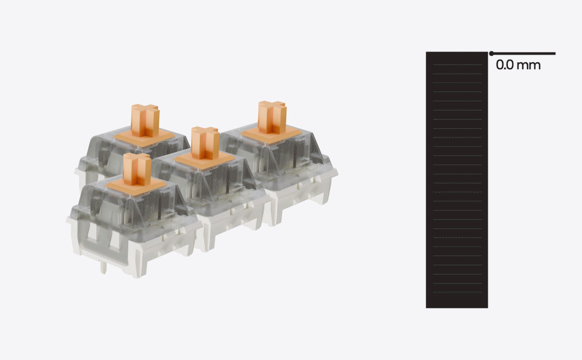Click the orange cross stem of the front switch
(137, 169)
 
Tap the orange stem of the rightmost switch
(272, 117)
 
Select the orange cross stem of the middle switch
(205, 143)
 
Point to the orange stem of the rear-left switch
(145, 120)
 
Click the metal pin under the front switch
(104, 267)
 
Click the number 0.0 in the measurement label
(505, 66)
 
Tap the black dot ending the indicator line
(491, 54)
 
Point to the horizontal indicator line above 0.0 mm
(522, 54)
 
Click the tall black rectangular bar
(456, 180)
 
